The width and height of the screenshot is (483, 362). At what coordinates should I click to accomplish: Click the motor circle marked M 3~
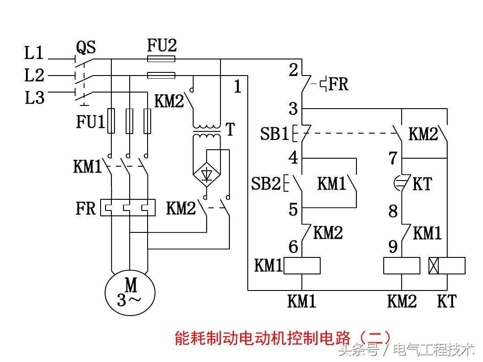130,293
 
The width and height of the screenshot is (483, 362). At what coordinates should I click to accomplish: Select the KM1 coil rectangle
302,265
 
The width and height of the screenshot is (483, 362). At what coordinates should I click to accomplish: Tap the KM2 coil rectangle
402,265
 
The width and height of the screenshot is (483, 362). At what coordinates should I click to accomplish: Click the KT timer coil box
447,265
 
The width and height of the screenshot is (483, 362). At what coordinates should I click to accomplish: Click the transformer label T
230,130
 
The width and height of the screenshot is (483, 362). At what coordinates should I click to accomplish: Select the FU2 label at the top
161,45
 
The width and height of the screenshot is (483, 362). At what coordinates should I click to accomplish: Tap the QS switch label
86,47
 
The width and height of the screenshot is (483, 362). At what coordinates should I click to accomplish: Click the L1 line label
34,55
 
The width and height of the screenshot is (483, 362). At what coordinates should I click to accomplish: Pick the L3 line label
34,98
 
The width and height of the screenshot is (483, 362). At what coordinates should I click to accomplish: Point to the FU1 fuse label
91,122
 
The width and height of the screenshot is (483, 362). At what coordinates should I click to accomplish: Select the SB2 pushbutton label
266,184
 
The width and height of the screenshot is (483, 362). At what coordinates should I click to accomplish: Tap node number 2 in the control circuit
293,70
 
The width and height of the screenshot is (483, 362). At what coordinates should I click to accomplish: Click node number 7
393,158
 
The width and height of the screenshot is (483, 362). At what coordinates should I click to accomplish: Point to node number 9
393,246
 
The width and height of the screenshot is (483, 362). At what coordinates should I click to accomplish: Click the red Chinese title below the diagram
283,338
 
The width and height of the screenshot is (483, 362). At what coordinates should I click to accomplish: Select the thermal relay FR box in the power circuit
128,208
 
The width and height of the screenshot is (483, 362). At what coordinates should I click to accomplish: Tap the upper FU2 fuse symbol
161,59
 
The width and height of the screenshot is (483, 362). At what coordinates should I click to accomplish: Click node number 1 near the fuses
237,87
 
